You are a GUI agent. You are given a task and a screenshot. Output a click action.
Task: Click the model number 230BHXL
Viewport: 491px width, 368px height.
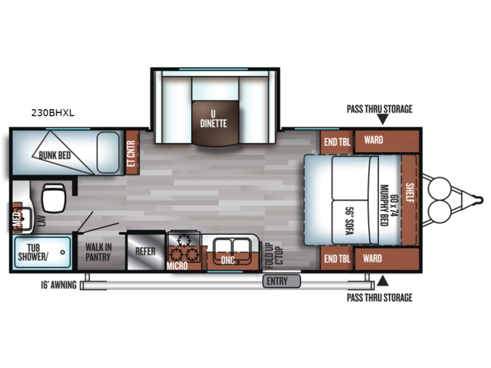click(53, 113)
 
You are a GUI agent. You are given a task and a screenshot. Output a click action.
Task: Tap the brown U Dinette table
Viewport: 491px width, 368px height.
click(215, 123)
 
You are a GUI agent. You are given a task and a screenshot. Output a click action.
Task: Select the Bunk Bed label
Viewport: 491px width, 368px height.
click(55, 155)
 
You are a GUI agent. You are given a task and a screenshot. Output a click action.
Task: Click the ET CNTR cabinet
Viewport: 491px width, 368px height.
click(132, 153)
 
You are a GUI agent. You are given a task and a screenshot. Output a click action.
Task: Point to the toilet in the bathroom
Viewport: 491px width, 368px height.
click(53, 197)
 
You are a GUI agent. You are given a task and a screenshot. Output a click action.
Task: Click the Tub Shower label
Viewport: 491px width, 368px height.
click(33, 252)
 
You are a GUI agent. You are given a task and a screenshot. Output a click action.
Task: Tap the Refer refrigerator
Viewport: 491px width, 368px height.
click(145, 251)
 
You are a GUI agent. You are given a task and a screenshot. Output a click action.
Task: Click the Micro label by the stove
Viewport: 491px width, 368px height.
click(177, 266)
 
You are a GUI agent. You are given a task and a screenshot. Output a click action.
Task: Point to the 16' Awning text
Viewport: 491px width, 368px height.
click(58, 285)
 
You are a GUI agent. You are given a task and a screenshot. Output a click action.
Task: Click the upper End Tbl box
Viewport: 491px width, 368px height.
click(337, 142)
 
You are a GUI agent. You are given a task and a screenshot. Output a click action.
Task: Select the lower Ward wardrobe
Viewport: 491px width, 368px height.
click(387, 258)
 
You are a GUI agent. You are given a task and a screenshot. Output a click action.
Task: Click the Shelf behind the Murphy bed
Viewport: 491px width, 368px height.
click(409, 200)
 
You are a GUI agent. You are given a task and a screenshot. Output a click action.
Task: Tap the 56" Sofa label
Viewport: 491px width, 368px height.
click(349, 221)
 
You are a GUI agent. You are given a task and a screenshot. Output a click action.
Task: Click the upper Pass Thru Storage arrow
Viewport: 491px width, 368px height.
click(382, 119)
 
